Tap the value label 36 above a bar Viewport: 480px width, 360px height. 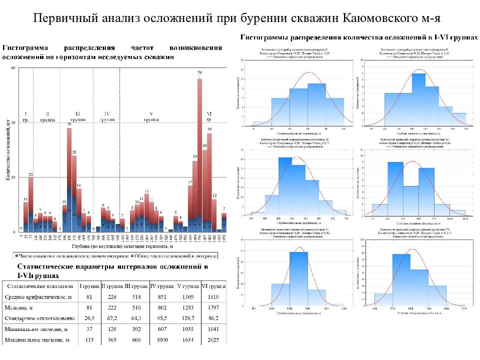click(209, 129)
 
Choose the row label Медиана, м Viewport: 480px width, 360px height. click(20, 308)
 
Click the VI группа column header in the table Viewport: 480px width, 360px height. click(213, 286)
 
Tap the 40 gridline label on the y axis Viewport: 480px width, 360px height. click(13, 123)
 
